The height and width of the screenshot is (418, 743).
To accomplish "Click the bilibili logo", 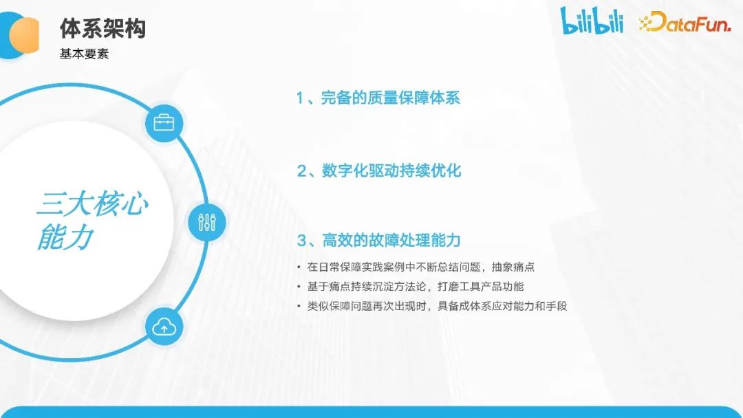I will (592, 21).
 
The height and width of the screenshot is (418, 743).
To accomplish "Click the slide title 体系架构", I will (103, 29).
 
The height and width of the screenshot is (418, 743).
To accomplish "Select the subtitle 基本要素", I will (84, 54).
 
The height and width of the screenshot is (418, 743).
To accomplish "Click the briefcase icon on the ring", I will (164, 124).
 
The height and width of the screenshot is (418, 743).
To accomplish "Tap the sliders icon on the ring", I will (206, 221).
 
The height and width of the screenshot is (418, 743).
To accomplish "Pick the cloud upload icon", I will (164, 328).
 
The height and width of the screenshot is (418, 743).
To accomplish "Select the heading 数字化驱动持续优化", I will (391, 170).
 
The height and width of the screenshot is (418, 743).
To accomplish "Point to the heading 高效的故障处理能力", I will (391, 240).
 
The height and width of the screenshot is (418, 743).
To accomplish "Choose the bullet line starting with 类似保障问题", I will (436, 305).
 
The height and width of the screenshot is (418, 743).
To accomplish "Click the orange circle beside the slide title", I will (25, 33).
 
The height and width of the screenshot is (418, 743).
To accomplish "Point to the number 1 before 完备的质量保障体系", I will (300, 98).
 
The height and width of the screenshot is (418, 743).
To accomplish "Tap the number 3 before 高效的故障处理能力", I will (301, 241).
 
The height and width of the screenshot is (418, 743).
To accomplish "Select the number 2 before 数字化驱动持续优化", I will (301, 171).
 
